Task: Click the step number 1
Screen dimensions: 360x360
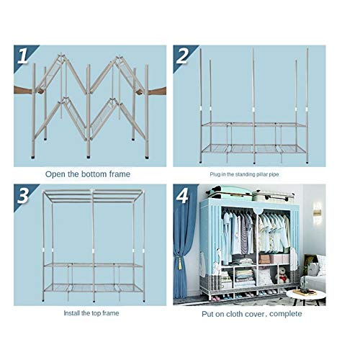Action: (x=23, y=56)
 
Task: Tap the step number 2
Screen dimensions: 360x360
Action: (x=182, y=56)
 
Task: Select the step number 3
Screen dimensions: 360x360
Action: (x=23, y=196)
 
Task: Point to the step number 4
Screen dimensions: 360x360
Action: (x=182, y=196)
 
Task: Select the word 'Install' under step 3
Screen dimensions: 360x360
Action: (x=72, y=313)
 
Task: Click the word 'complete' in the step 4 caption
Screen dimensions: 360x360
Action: (x=286, y=314)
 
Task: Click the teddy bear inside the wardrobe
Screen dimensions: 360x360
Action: (x=283, y=275)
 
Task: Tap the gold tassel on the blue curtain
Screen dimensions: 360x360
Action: (x=179, y=262)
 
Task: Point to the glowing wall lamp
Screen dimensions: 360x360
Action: (x=318, y=212)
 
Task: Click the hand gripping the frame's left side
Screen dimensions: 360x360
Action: (x=29, y=91)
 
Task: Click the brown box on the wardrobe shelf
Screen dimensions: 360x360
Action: (x=264, y=259)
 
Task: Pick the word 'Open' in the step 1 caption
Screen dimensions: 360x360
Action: (x=55, y=174)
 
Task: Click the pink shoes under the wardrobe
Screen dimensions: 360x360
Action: (x=215, y=298)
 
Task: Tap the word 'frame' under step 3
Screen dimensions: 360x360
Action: (x=110, y=313)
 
